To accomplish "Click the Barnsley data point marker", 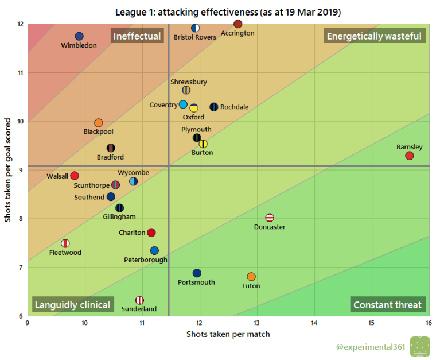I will (x=409, y=156).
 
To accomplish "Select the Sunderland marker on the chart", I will (x=139, y=300).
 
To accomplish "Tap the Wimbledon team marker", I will (x=79, y=36).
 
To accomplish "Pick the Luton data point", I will (x=251, y=277).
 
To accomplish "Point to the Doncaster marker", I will (x=270, y=218).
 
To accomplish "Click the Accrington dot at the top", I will (x=238, y=24).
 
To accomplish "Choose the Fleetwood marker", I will (x=65, y=243).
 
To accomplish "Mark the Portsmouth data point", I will (x=197, y=273).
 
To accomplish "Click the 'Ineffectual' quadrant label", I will (x=137, y=36).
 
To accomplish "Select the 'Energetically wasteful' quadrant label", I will (x=373, y=36).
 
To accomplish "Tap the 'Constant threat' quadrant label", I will (x=387, y=305).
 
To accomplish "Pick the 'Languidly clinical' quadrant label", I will (x=73, y=305).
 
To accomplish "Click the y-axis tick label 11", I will (x=21, y=73).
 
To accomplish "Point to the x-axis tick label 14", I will (x=314, y=323).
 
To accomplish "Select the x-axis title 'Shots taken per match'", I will (x=228, y=334).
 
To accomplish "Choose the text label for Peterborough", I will (x=146, y=260).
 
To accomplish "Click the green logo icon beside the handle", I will (x=419, y=346).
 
